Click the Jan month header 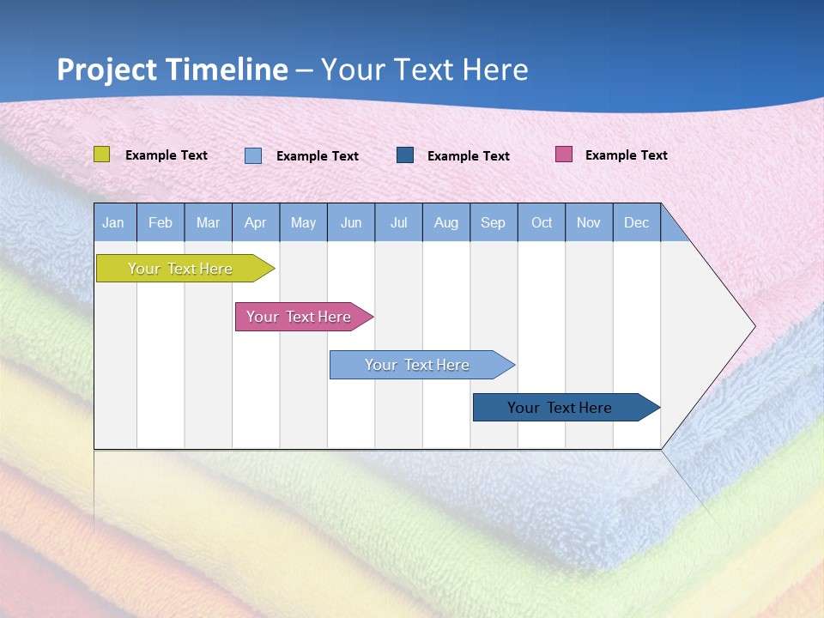click(x=114, y=222)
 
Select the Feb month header click(x=161, y=222)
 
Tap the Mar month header click(x=208, y=222)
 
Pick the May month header click(x=303, y=222)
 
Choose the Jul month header click(x=398, y=222)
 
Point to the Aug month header click(x=445, y=222)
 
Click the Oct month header click(x=542, y=222)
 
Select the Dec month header click(x=636, y=222)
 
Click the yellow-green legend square click(x=101, y=154)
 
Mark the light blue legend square click(x=253, y=155)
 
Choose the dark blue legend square click(x=405, y=155)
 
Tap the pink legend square click(x=564, y=154)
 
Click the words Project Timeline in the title click(x=173, y=70)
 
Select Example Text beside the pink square click(x=626, y=155)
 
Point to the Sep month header click(x=493, y=222)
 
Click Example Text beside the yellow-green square click(x=166, y=155)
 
